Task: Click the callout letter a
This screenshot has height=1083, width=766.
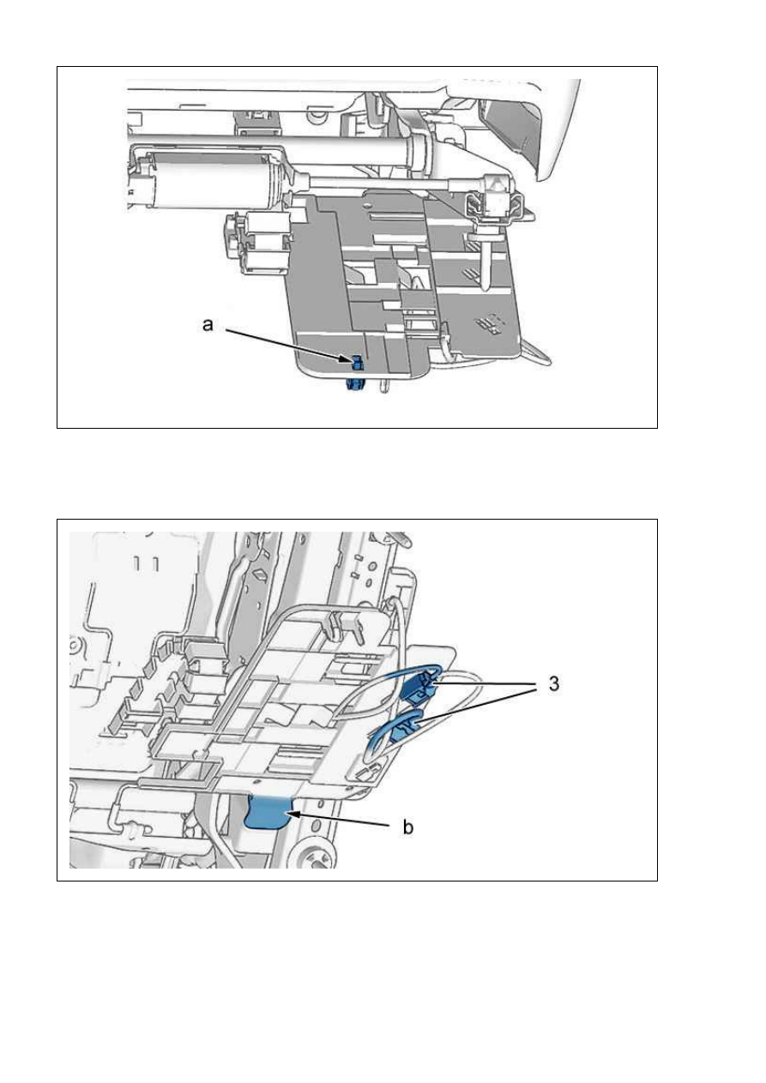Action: coord(208,325)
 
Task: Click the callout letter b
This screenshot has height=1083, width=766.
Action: coord(408,827)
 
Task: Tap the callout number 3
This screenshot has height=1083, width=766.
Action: coord(554,683)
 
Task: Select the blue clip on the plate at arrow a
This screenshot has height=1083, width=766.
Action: coord(357,362)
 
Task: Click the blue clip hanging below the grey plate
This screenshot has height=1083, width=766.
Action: coord(355,384)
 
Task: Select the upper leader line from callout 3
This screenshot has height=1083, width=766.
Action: coord(485,684)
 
